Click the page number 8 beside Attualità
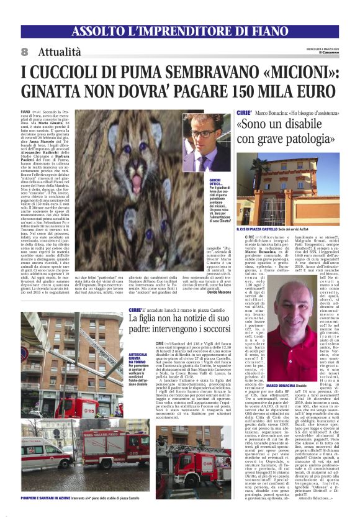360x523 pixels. tap(24, 52)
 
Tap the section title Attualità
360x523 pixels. tap(59, 52)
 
